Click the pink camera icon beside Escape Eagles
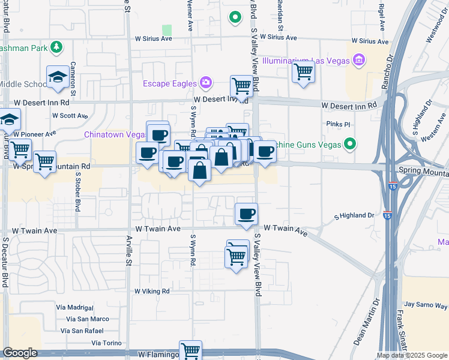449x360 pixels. coord(206,82)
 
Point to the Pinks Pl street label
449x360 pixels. coord(339,124)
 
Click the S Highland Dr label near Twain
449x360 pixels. coord(354,215)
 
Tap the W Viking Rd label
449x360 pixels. coord(152,291)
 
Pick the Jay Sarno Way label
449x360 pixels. coord(426,305)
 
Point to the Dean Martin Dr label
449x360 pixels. coord(366,322)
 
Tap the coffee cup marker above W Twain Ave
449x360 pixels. coord(246,214)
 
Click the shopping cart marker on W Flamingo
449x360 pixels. coord(191,350)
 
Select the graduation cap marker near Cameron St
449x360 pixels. coord(58,77)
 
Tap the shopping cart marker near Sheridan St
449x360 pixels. coord(304,73)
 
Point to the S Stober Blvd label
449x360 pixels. coord(77,192)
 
